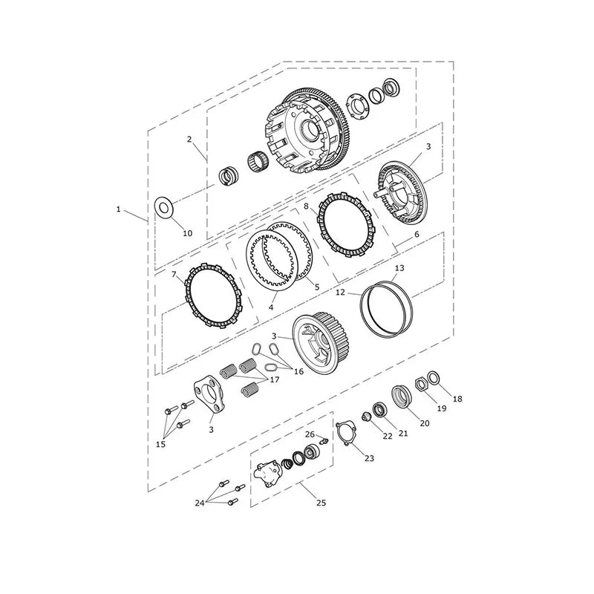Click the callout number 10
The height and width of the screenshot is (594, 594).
[x=188, y=233]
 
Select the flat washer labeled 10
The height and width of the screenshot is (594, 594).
[x=163, y=208]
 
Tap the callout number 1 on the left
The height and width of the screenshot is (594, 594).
[x=118, y=209]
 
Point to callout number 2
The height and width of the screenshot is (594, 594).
[x=189, y=139]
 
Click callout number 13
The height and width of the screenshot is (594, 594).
[x=399, y=268]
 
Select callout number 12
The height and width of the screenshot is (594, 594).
[x=340, y=292]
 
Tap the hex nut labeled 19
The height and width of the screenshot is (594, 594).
[x=421, y=385]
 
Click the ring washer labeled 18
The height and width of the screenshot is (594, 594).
[x=434, y=377]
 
